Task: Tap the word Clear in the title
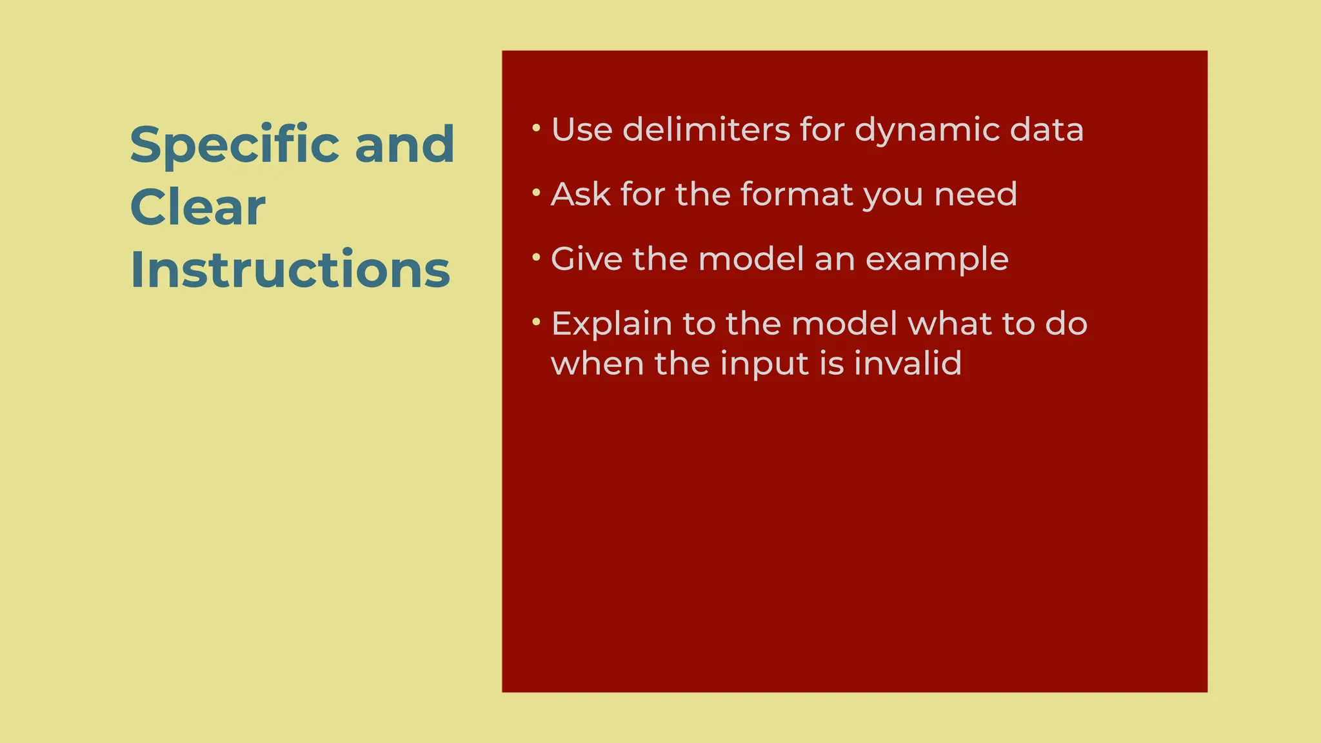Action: pyautogui.click(x=197, y=207)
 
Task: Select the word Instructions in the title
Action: pyautogui.click(x=290, y=270)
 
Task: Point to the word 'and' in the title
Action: pyautogui.click(x=404, y=144)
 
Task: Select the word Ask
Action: pyautogui.click(x=581, y=194)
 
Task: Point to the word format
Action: pyautogui.click(x=796, y=194)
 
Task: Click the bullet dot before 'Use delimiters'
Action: pyautogui.click(x=536, y=128)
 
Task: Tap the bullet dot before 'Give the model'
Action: pyautogui.click(x=536, y=257)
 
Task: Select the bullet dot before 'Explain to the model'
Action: pyautogui.click(x=536, y=322)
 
